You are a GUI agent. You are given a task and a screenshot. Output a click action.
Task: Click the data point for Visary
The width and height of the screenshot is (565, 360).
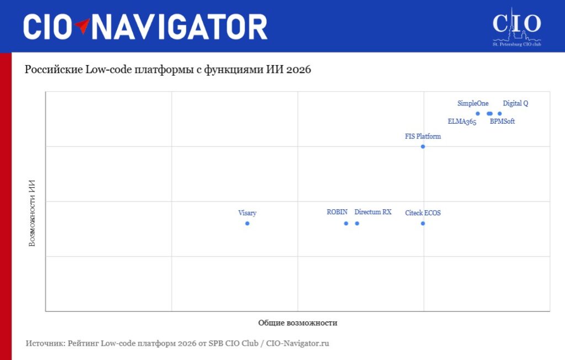(247, 223)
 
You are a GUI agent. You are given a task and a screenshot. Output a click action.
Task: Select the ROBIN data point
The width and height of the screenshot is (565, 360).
(346, 223)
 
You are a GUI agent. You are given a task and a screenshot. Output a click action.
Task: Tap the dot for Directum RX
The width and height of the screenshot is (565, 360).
(357, 223)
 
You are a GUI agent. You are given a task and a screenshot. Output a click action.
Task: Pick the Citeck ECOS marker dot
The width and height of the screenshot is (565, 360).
(423, 223)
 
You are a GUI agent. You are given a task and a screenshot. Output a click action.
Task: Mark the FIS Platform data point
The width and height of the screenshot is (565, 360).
(423, 146)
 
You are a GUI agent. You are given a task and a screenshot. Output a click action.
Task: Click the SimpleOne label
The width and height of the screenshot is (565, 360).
(473, 103)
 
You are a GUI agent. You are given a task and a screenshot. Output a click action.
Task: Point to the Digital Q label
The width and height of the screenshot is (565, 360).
(515, 103)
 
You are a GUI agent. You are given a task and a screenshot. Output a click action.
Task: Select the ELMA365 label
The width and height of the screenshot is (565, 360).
(462, 121)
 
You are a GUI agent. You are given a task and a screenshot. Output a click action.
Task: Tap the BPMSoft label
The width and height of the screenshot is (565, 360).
(502, 121)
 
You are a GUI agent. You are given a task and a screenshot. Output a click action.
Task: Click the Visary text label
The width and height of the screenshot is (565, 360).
(247, 213)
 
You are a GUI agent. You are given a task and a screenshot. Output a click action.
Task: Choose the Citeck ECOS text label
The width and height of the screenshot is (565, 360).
(423, 213)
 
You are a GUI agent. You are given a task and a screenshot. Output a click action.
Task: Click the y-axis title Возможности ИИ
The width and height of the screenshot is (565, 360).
(32, 213)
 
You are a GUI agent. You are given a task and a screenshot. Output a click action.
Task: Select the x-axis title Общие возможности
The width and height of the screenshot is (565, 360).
(297, 323)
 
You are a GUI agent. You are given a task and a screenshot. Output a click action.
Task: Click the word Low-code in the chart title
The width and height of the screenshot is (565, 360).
(108, 69)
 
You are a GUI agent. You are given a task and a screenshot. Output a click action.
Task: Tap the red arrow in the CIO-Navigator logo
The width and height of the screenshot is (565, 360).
(83, 25)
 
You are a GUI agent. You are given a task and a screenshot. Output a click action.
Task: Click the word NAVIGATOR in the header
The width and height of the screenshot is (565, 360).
(179, 27)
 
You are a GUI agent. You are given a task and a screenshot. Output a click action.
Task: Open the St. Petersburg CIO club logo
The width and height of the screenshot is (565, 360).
(516, 27)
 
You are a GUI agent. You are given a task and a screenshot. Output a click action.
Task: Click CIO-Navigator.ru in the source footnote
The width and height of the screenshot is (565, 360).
(297, 343)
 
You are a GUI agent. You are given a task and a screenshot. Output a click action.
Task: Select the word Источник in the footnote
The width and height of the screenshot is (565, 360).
(45, 343)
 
